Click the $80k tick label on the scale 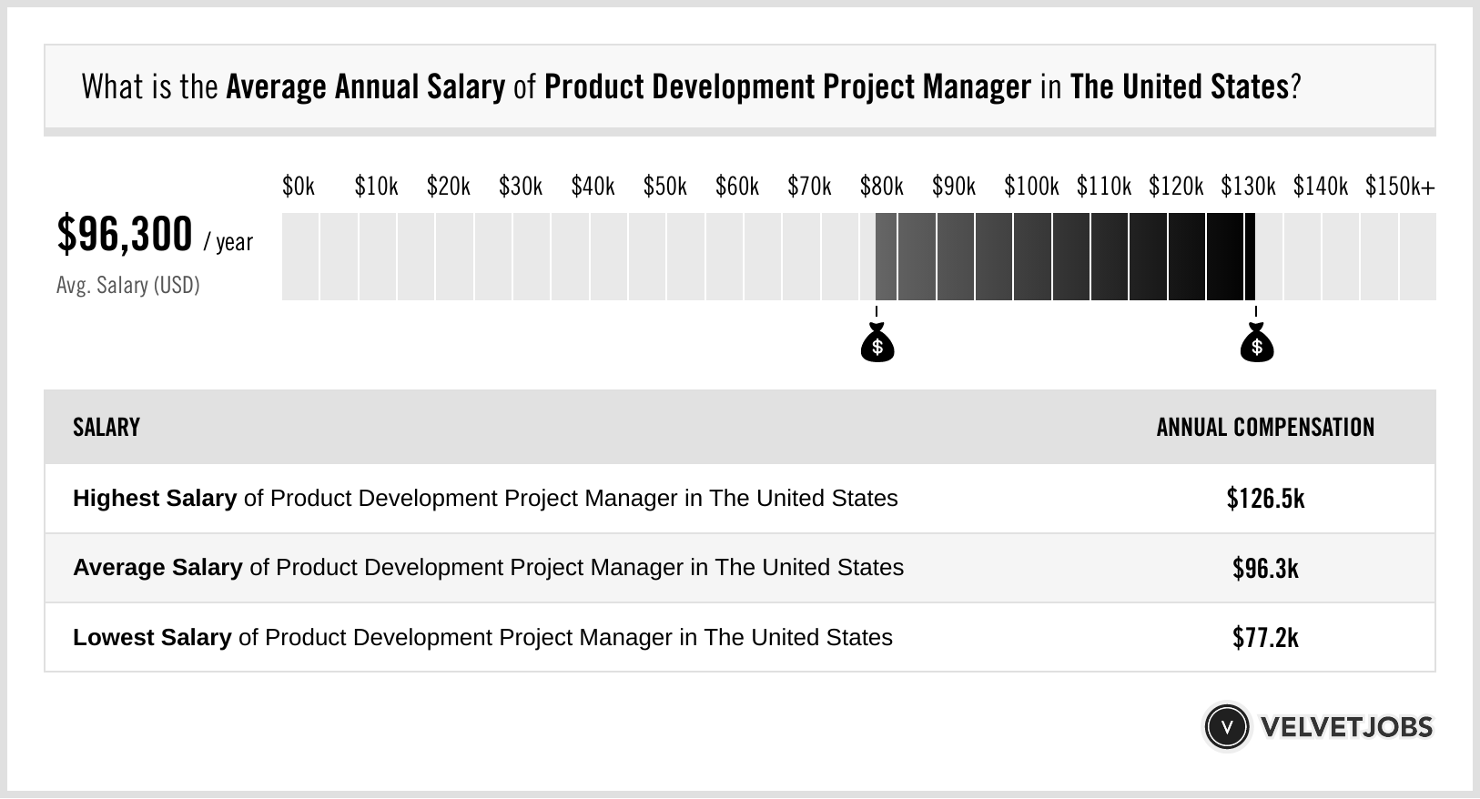[x=881, y=187]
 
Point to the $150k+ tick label [x=1399, y=187]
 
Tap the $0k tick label [x=299, y=187]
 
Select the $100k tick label [x=1031, y=187]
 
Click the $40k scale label [x=593, y=187]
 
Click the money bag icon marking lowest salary [x=877, y=344]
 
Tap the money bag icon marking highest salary [x=1257, y=344]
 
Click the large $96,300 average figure [x=125, y=235]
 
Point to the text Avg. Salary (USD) [x=127, y=286]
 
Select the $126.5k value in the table [x=1265, y=499]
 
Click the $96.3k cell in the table [x=1265, y=569]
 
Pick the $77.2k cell [x=1265, y=638]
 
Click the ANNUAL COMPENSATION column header [x=1265, y=428]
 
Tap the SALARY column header [x=106, y=428]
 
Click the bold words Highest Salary [x=155, y=499]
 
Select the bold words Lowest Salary [x=152, y=638]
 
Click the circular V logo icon [x=1226, y=727]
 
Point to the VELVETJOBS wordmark [x=1346, y=727]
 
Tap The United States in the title [x=1180, y=87]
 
